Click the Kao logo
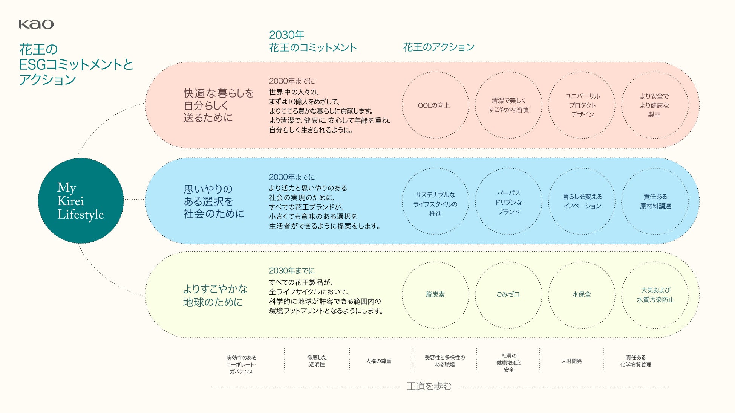pos(36,24)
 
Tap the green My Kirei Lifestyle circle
pos(81,201)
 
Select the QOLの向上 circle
pos(435,105)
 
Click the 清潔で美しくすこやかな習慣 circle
pos(508,105)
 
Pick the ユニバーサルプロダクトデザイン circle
pos(582,105)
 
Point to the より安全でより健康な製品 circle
pos(655,105)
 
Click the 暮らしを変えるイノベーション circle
pos(582,201)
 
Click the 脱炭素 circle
pos(435,295)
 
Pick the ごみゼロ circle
pos(508,295)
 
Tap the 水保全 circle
pos(582,295)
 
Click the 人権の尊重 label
pos(378,361)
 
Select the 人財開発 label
pos(571,361)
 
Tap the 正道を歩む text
pos(429,386)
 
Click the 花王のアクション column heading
pos(439,47)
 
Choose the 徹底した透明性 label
pos(317,361)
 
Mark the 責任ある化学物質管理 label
pos(635,361)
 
